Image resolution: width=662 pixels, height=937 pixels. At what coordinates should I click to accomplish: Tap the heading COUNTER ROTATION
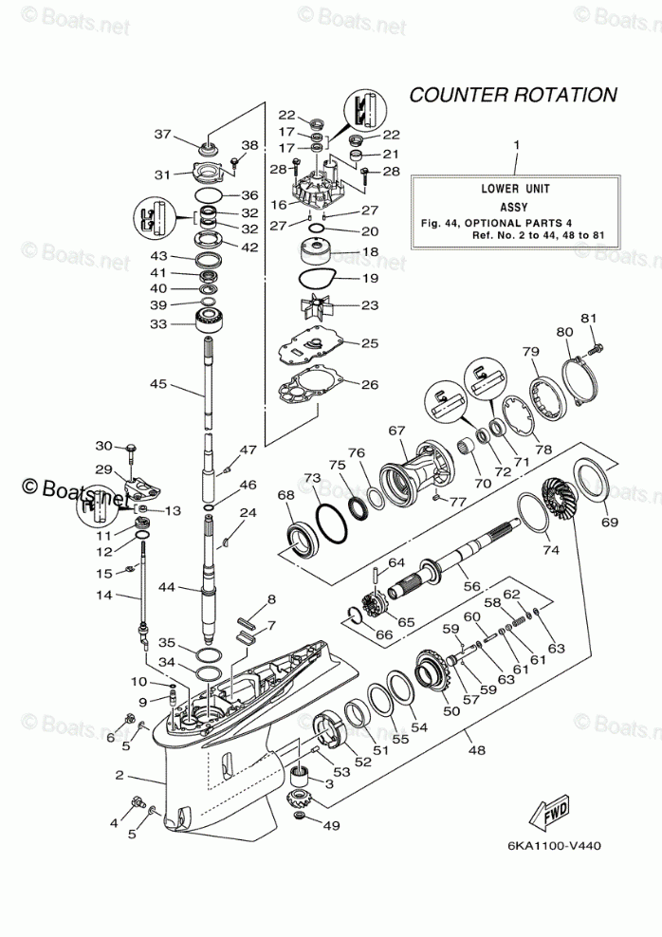point(513,95)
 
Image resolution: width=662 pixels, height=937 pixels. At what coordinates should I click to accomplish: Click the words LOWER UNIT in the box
point(517,188)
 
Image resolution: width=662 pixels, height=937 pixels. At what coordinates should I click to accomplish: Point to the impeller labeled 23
point(313,306)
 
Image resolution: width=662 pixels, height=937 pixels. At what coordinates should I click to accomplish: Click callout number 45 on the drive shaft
point(158,384)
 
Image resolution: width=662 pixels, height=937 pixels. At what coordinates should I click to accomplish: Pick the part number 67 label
point(395,430)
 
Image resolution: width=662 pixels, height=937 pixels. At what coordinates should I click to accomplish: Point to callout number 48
point(475,749)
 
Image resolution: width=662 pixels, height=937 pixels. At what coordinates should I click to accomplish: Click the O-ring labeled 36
point(208,195)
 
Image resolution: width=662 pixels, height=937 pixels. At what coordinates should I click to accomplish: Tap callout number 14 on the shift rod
point(105,595)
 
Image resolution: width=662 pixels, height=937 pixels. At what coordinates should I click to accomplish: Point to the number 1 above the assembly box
point(517,145)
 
